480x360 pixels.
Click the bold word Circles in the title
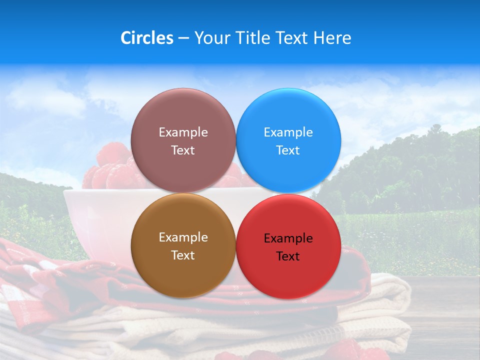pyautogui.click(x=146, y=38)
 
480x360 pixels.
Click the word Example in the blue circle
pyautogui.click(x=288, y=132)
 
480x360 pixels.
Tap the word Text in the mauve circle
pyautogui.click(x=183, y=150)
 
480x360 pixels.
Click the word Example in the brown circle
pyautogui.click(x=183, y=237)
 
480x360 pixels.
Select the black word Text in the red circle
pyautogui.click(x=288, y=256)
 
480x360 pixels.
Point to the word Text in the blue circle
pyautogui.click(x=288, y=150)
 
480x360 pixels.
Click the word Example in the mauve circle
pyautogui.click(x=183, y=132)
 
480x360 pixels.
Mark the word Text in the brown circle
pyautogui.click(x=183, y=255)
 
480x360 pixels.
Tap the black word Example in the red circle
pyautogui.click(x=288, y=238)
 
